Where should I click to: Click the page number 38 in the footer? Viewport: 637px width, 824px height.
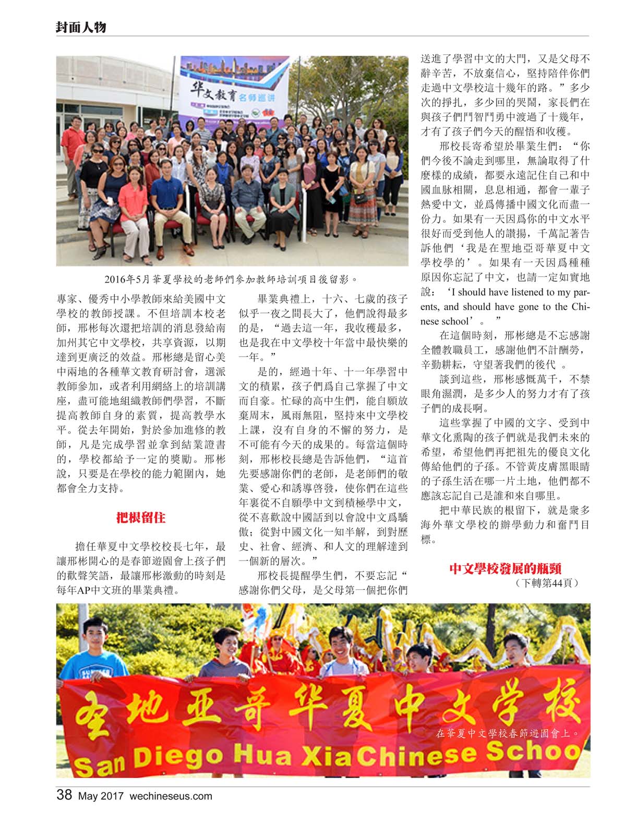[x=64, y=795]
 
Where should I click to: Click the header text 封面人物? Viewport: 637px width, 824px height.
[x=81, y=27]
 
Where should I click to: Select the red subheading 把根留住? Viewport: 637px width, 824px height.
[x=141, y=518]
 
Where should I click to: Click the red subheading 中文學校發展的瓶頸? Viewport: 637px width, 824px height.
[x=505, y=568]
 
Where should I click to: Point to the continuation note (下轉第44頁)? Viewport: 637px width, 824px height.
[x=547, y=583]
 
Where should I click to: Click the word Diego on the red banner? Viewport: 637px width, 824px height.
[x=178, y=758]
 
